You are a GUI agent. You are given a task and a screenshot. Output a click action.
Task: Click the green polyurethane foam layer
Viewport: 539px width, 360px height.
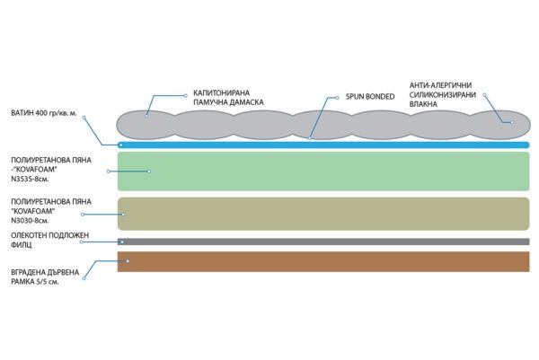click(323, 170)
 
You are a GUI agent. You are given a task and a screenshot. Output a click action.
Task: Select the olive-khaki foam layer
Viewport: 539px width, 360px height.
click(323, 214)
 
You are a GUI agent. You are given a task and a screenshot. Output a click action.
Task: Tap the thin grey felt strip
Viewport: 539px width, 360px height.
click(323, 241)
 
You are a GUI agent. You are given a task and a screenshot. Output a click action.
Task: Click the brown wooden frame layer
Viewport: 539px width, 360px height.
click(323, 261)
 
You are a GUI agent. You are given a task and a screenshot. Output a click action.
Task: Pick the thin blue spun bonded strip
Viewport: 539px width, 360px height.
click(323, 145)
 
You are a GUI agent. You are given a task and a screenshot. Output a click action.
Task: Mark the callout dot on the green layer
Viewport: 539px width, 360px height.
click(147, 171)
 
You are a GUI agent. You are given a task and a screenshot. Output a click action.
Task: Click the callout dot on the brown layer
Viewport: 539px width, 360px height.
click(128, 261)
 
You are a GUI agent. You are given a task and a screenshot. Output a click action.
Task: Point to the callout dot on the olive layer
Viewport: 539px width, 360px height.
click(123, 215)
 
